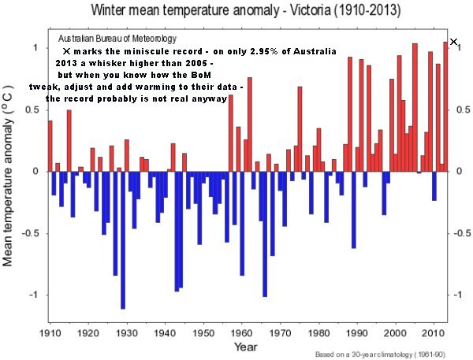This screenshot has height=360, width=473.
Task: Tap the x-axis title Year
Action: tap(244, 347)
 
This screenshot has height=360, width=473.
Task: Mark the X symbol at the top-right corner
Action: tap(453, 42)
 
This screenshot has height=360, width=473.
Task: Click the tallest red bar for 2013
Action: tap(445, 106)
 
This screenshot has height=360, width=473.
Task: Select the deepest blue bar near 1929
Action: tap(123, 239)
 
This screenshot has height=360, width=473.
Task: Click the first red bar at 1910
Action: tap(50, 146)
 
